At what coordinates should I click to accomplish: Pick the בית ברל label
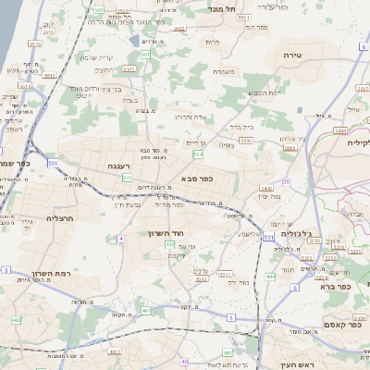tap(240, 127)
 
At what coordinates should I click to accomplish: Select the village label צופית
tap(227, 144)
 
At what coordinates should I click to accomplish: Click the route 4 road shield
tap(120, 239)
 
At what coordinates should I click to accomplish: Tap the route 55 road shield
tap(286, 181)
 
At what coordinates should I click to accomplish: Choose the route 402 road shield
tap(17, 320)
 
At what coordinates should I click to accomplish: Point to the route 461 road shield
tap(146, 311)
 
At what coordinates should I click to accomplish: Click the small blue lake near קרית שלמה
tap(135, 41)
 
